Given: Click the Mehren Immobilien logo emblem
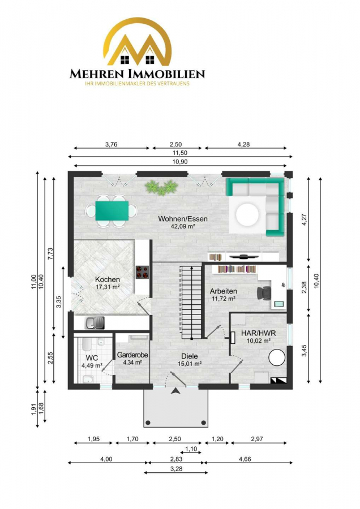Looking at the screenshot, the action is pos(137,42).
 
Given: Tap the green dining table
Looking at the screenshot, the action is pos(112,211).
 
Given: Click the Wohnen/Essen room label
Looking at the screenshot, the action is pos(183,219).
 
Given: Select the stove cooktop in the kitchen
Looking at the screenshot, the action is pos(142,272).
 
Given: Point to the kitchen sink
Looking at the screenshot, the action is pos(94,323).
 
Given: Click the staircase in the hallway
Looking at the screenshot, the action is pos(191,302).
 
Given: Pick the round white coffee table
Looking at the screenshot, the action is pos(247,214).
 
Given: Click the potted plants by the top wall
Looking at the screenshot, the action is pos(161,187).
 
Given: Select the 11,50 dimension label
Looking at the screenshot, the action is pos(179,153).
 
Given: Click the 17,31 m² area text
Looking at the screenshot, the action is pos(108,287).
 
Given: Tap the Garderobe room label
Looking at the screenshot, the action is pos(132,355).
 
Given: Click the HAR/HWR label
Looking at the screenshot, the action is pos(258,333).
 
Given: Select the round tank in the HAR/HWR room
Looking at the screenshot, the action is pos(277,357).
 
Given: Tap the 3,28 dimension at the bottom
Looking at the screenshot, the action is pos(176,468).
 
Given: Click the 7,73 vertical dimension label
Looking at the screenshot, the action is pos(50,254).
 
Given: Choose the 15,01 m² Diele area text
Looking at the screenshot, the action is pos(190,364).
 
